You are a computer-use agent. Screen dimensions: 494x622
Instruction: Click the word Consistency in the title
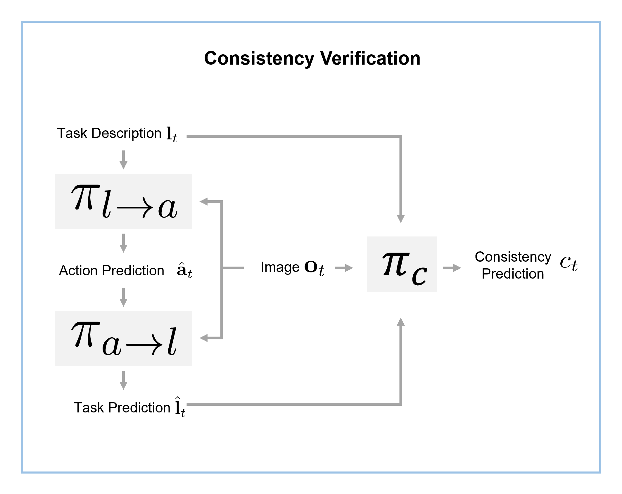(259, 58)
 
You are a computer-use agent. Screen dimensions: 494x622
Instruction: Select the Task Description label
(109, 133)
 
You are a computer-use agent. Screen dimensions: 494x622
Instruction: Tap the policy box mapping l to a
(124, 201)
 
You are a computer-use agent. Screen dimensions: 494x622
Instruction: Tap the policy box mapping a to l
(124, 338)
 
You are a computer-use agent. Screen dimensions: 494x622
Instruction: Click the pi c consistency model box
(402, 264)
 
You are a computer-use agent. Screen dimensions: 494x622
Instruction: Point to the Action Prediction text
(111, 271)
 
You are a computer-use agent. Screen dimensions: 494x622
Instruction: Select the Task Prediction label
(122, 407)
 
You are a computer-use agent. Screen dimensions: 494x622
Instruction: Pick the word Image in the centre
(280, 267)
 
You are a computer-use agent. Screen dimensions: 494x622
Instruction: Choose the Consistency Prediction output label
(513, 265)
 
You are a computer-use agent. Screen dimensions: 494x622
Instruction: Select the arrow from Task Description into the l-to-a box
(124, 160)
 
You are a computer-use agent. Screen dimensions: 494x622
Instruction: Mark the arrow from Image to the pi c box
(344, 268)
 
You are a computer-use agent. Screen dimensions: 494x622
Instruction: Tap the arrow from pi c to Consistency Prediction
(452, 268)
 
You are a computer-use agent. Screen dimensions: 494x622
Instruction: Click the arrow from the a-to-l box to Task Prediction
(124, 380)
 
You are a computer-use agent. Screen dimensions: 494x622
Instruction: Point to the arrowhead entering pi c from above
(401, 218)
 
